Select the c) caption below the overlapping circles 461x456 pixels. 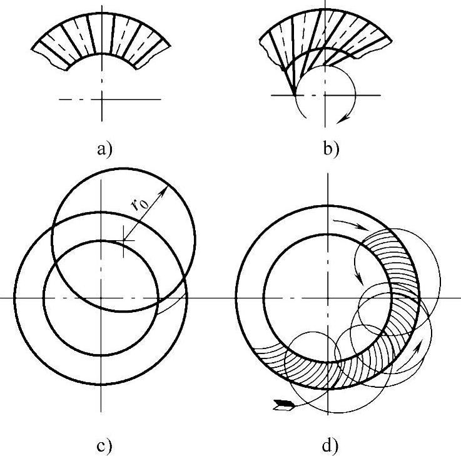(x=102, y=446)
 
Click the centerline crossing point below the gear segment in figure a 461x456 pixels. (x=101, y=98)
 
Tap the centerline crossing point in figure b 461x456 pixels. (x=325, y=94)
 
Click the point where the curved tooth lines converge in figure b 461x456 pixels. (x=294, y=94)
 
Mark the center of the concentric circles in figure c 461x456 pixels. (x=100, y=298)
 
